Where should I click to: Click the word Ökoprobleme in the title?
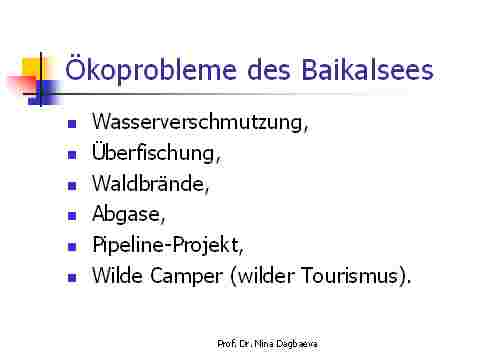[x=151, y=70]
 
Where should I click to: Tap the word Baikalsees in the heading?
[x=367, y=69]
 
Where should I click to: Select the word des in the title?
[x=269, y=70]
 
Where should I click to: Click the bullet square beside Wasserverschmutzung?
[x=72, y=124]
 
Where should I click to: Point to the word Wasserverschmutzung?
[x=200, y=122]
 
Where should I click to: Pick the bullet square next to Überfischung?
[x=72, y=155]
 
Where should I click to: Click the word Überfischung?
[x=156, y=153]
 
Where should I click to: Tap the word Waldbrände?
[x=150, y=183]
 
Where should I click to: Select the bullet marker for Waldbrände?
[x=72, y=185]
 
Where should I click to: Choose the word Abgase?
[x=129, y=214]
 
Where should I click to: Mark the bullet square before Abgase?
[x=72, y=216]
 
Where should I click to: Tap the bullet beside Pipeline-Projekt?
[x=72, y=247]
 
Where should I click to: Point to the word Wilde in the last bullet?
[x=117, y=275]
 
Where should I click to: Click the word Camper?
[x=186, y=276]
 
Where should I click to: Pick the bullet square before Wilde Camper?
[x=72, y=278]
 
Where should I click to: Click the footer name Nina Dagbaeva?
[x=286, y=344]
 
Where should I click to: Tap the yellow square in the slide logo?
[x=32, y=68]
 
